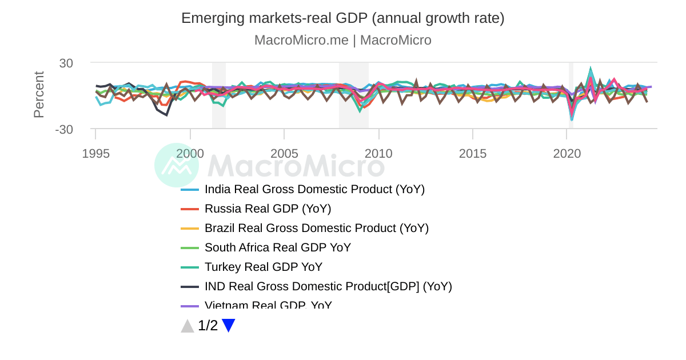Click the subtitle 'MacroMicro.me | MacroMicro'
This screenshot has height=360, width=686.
tap(342, 40)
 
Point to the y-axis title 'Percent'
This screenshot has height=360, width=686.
tap(39, 95)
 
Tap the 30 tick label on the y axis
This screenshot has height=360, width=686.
tap(66, 63)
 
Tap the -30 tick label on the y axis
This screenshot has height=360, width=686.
tap(64, 130)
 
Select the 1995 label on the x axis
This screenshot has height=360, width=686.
tap(95, 154)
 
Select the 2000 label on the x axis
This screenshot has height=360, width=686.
tap(190, 154)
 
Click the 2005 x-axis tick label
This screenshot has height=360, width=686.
tap(284, 154)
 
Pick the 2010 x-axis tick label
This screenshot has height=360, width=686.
tap(378, 154)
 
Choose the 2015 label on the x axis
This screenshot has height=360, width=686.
tap(473, 154)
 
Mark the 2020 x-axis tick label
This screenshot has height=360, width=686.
tap(567, 154)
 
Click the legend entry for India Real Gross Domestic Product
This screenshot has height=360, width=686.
tap(314, 189)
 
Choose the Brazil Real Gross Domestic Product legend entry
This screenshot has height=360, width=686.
tap(316, 228)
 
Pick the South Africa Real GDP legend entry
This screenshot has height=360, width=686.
tap(277, 247)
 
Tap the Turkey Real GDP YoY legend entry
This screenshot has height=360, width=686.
tap(263, 267)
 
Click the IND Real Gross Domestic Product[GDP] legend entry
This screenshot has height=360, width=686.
tap(328, 286)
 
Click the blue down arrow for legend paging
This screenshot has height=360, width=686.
tap(229, 326)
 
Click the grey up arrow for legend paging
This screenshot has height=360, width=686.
tap(188, 326)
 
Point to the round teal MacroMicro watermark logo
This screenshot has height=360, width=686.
tap(177, 165)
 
